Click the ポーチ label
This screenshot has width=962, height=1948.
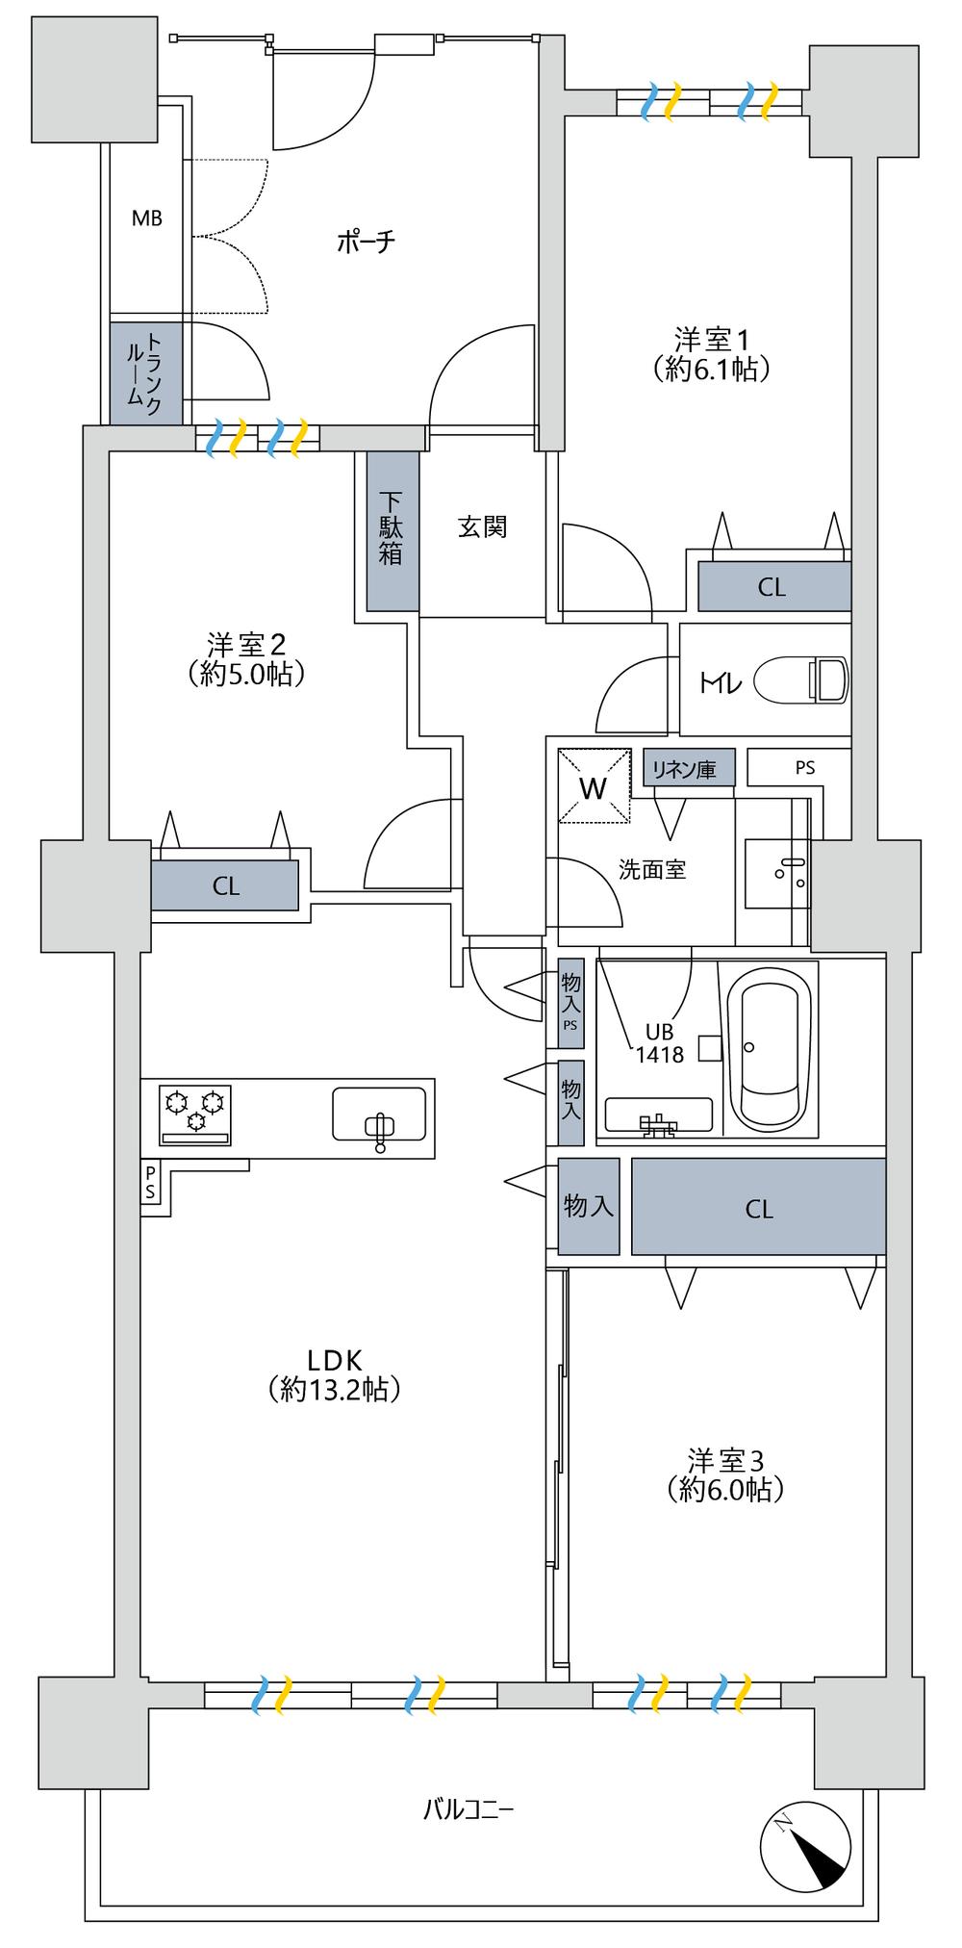367,242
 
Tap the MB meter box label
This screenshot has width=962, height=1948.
147,218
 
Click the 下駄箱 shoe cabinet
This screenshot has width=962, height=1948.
393,530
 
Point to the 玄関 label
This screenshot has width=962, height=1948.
482,526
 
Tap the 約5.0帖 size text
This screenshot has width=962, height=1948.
247,673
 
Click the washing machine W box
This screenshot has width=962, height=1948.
593,786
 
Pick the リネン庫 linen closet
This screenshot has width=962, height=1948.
690,769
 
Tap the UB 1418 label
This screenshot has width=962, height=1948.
659,1042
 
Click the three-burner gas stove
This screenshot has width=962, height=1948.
195,1114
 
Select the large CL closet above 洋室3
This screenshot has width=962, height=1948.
758,1206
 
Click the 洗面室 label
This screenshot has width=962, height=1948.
651,869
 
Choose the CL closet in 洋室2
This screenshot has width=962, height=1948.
224,884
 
